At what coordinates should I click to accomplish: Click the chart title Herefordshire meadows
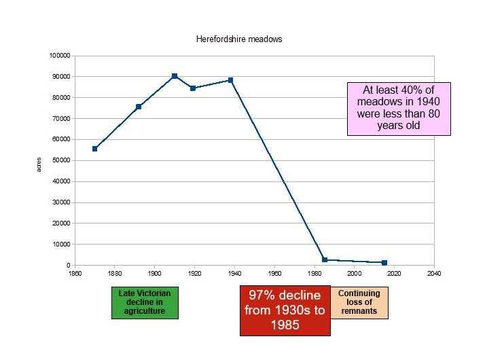pyautogui.click(x=238, y=39)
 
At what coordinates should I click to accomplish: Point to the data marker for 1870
pyautogui.click(x=95, y=149)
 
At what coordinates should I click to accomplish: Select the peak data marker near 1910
pyautogui.click(x=175, y=76)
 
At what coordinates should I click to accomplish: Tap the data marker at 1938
pyautogui.click(x=230, y=80)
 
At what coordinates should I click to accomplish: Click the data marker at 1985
pyautogui.click(x=325, y=259)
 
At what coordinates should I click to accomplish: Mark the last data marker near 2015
pyautogui.click(x=384, y=262)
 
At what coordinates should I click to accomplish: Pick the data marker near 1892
pyautogui.click(x=139, y=107)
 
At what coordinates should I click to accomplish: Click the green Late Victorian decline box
pyautogui.click(x=145, y=302)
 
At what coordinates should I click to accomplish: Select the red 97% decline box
pyautogui.click(x=285, y=310)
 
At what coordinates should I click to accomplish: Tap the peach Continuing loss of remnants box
pyautogui.click(x=359, y=302)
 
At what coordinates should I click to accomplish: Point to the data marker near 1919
pyautogui.click(x=193, y=88)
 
